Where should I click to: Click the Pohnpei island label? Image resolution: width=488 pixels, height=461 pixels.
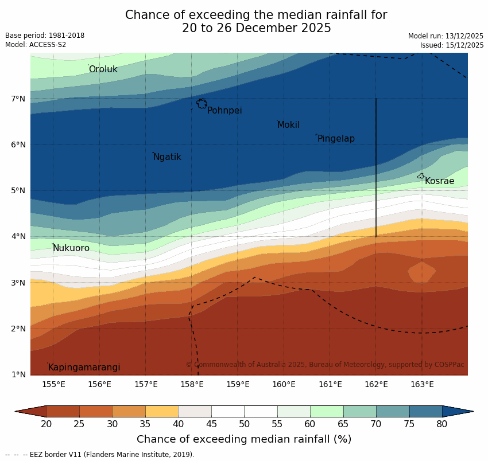click(x=224, y=111)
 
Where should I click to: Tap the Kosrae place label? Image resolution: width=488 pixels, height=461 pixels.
click(x=439, y=181)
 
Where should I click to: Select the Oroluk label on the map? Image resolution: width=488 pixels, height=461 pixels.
click(x=103, y=69)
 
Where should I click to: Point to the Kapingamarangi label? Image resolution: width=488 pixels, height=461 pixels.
click(x=84, y=368)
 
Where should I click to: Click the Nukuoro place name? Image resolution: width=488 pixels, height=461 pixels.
click(x=71, y=248)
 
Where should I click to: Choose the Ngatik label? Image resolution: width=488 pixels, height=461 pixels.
click(x=167, y=157)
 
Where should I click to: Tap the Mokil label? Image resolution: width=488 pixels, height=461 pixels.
click(x=288, y=125)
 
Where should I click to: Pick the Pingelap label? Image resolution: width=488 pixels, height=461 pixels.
click(x=336, y=139)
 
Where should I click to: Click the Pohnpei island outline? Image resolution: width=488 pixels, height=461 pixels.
click(x=202, y=104)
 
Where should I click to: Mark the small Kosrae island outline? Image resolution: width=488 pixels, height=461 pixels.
click(x=421, y=176)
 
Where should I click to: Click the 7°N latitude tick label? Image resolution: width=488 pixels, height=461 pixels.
click(x=18, y=99)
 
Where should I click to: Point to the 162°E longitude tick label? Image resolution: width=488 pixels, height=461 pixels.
click(x=376, y=384)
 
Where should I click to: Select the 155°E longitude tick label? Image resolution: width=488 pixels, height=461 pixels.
click(x=53, y=384)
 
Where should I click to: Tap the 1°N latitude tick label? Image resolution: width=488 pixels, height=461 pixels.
click(x=18, y=375)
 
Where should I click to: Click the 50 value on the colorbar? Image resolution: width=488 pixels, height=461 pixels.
click(x=244, y=424)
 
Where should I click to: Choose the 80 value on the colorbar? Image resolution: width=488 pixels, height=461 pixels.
click(x=442, y=424)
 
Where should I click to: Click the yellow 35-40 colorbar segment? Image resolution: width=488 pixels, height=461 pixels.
click(x=162, y=411)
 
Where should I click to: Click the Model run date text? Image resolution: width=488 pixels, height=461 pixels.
click(x=446, y=36)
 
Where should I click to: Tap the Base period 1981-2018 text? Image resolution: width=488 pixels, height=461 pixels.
click(x=45, y=36)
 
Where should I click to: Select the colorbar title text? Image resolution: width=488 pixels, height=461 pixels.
click(x=244, y=440)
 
